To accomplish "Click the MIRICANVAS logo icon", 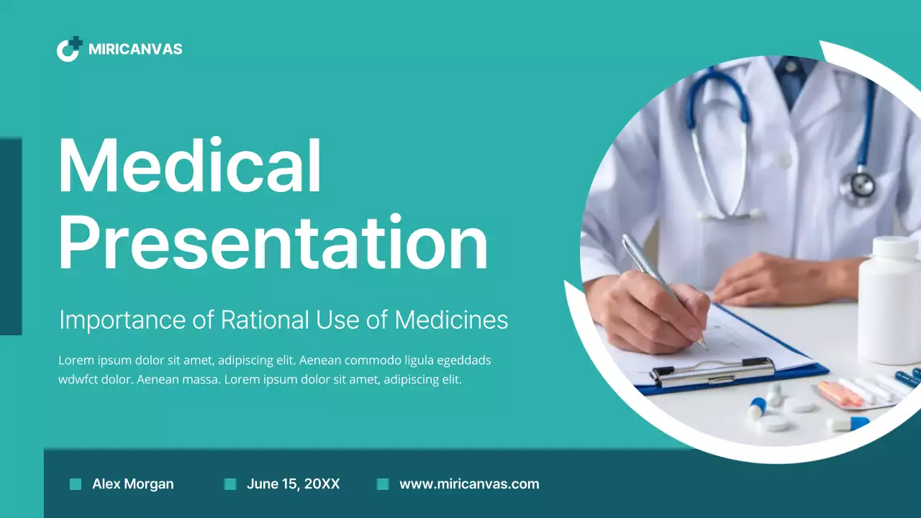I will [x=69, y=49].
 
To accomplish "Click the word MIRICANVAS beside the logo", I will [x=135, y=50].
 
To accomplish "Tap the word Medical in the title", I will [x=189, y=166].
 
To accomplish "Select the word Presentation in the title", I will [x=273, y=242].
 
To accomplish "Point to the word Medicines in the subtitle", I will [x=451, y=319].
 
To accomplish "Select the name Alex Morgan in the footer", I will [x=132, y=484].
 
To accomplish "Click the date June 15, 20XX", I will [x=293, y=484].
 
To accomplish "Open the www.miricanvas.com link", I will [x=469, y=484].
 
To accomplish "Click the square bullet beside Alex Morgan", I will [x=76, y=484].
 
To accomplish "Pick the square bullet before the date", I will [x=230, y=484].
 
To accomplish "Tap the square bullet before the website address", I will [x=383, y=484].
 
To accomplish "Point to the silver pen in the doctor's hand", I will [x=655, y=277].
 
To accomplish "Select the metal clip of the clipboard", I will [x=712, y=371].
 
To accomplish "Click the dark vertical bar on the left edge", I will [x=11, y=237].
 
